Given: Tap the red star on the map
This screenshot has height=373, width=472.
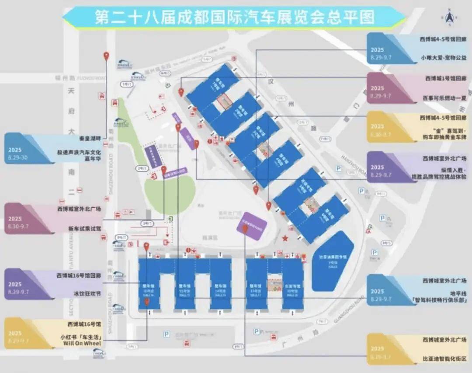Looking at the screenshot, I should [x=285, y=238].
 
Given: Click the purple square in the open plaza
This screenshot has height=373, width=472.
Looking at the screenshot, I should [x=252, y=225].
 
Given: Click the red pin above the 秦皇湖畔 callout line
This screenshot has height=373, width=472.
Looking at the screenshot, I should [x=106, y=56].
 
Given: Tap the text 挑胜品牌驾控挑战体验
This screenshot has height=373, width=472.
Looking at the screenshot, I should [x=442, y=178].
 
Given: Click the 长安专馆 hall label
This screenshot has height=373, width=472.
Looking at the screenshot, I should [x=292, y=286].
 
